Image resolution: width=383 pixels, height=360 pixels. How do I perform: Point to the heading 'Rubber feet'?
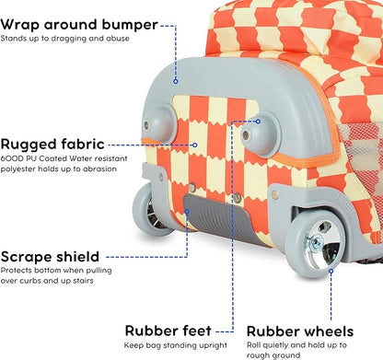[169, 331]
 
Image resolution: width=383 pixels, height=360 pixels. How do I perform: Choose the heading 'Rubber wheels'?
[300, 331]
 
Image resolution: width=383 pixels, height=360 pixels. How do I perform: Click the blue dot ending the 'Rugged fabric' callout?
[195, 144]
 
